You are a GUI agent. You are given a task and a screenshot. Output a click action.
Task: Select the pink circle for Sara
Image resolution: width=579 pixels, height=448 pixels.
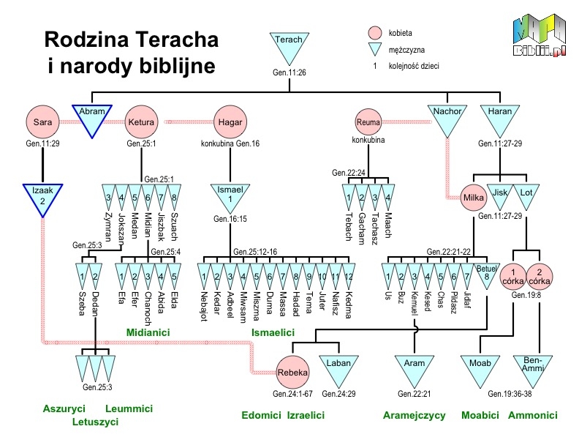point(42,122)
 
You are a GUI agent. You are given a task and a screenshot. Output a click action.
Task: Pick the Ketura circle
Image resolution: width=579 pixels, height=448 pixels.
point(141,122)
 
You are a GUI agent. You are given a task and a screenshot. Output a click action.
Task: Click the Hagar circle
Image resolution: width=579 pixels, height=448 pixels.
point(230,122)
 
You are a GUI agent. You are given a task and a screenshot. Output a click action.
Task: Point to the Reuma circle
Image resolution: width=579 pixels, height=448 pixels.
point(368,122)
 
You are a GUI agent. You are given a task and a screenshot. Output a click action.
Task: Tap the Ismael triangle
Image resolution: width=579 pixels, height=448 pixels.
point(230,196)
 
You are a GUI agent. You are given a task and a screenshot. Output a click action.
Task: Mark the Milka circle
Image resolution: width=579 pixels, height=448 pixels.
point(474,198)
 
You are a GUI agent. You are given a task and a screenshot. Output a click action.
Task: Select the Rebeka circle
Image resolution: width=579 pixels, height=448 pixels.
point(293,372)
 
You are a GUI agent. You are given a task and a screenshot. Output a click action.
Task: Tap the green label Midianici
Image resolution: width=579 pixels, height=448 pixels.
point(148,332)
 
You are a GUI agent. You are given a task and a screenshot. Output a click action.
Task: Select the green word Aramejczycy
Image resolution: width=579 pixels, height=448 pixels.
point(414,416)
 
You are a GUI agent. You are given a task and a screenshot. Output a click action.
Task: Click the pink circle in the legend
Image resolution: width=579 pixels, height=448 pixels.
point(375,33)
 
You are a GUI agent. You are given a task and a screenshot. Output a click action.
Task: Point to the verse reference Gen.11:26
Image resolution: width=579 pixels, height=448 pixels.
point(289,72)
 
